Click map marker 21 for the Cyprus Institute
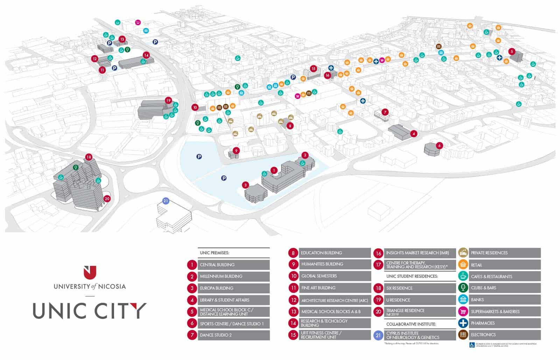pos(166,201)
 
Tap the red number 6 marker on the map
pos(440,146)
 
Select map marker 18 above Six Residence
pos(89,157)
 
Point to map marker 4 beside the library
pos(414,134)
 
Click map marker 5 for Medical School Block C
pos(512,51)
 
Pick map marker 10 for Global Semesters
pos(195,107)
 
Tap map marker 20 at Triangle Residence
pos(107,199)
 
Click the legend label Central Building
pos(217,265)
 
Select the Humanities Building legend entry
pos(322,264)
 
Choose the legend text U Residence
pos(398,300)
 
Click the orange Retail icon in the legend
pos(463,265)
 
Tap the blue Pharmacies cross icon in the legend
pos(463,323)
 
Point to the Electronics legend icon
pos(463,335)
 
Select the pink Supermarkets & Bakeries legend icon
pos(463,311)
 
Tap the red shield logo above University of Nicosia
pos(90,272)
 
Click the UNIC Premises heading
pos(215,253)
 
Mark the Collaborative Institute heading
pos(411,324)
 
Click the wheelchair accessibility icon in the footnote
pos(472,345)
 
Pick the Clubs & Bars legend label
pos(483,288)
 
